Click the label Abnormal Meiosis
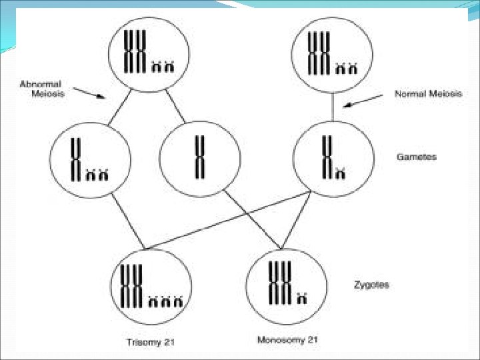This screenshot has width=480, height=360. (41, 89)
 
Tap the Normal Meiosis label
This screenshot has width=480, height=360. (428, 94)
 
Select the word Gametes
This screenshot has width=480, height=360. (416, 157)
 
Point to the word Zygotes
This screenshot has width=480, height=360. (371, 285)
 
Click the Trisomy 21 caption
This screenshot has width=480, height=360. (151, 343)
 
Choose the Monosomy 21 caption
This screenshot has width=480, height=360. (287, 340)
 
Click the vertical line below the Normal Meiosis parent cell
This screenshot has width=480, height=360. (333, 106)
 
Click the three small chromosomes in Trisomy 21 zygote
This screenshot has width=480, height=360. (167, 302)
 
